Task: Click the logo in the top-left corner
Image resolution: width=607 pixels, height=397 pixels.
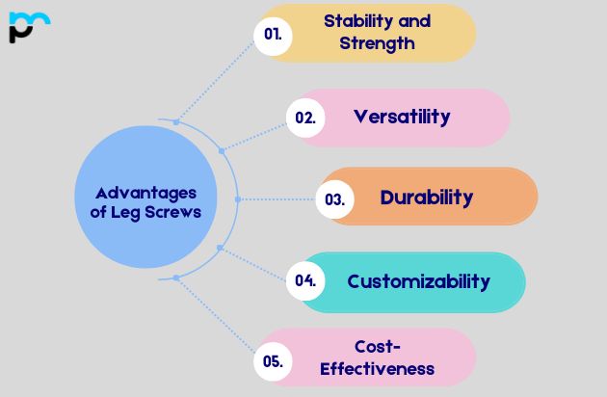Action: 28,26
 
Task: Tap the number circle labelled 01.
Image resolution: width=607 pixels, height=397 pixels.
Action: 272,33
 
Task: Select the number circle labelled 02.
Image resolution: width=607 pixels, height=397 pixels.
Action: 305,118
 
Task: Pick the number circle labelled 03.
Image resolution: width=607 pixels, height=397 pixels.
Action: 334,199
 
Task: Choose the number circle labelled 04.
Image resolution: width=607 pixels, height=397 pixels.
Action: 305,281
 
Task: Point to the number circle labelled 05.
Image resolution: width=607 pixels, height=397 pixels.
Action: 272,361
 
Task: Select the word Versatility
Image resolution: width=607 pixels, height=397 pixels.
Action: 401,117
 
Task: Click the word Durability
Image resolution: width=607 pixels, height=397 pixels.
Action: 427,198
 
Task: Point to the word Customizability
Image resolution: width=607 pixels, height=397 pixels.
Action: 418,281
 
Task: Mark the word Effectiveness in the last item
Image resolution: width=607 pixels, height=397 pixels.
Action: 377,368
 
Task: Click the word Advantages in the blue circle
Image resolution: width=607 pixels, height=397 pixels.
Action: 146,193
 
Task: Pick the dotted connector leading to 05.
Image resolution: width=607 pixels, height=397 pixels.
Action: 217,319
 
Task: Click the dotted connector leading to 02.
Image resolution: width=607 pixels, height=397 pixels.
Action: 255,134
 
